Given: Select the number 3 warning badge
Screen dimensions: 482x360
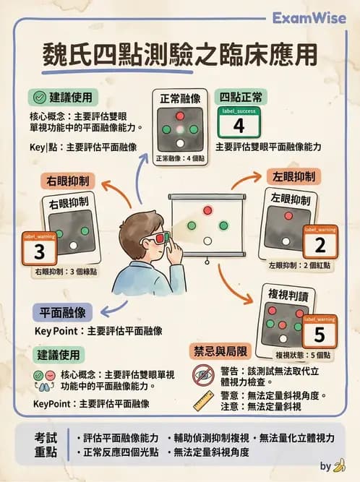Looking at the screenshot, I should point(40,251).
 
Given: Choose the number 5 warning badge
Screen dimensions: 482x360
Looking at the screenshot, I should point(319,335).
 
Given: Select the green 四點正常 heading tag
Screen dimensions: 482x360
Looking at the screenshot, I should point(242,95).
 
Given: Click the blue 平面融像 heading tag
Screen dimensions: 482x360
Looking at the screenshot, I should point(64,312).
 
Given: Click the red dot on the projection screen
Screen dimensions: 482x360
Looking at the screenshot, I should point(208,210).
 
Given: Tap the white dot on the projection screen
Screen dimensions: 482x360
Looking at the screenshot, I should point(208,240).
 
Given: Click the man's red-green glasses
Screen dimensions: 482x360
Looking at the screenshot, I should point(160,235).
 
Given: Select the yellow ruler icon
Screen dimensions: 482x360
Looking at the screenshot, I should point(204,401).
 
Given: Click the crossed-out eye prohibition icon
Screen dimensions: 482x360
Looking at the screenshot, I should point(203,374).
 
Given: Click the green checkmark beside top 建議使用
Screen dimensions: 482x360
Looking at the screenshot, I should point(38,97).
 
